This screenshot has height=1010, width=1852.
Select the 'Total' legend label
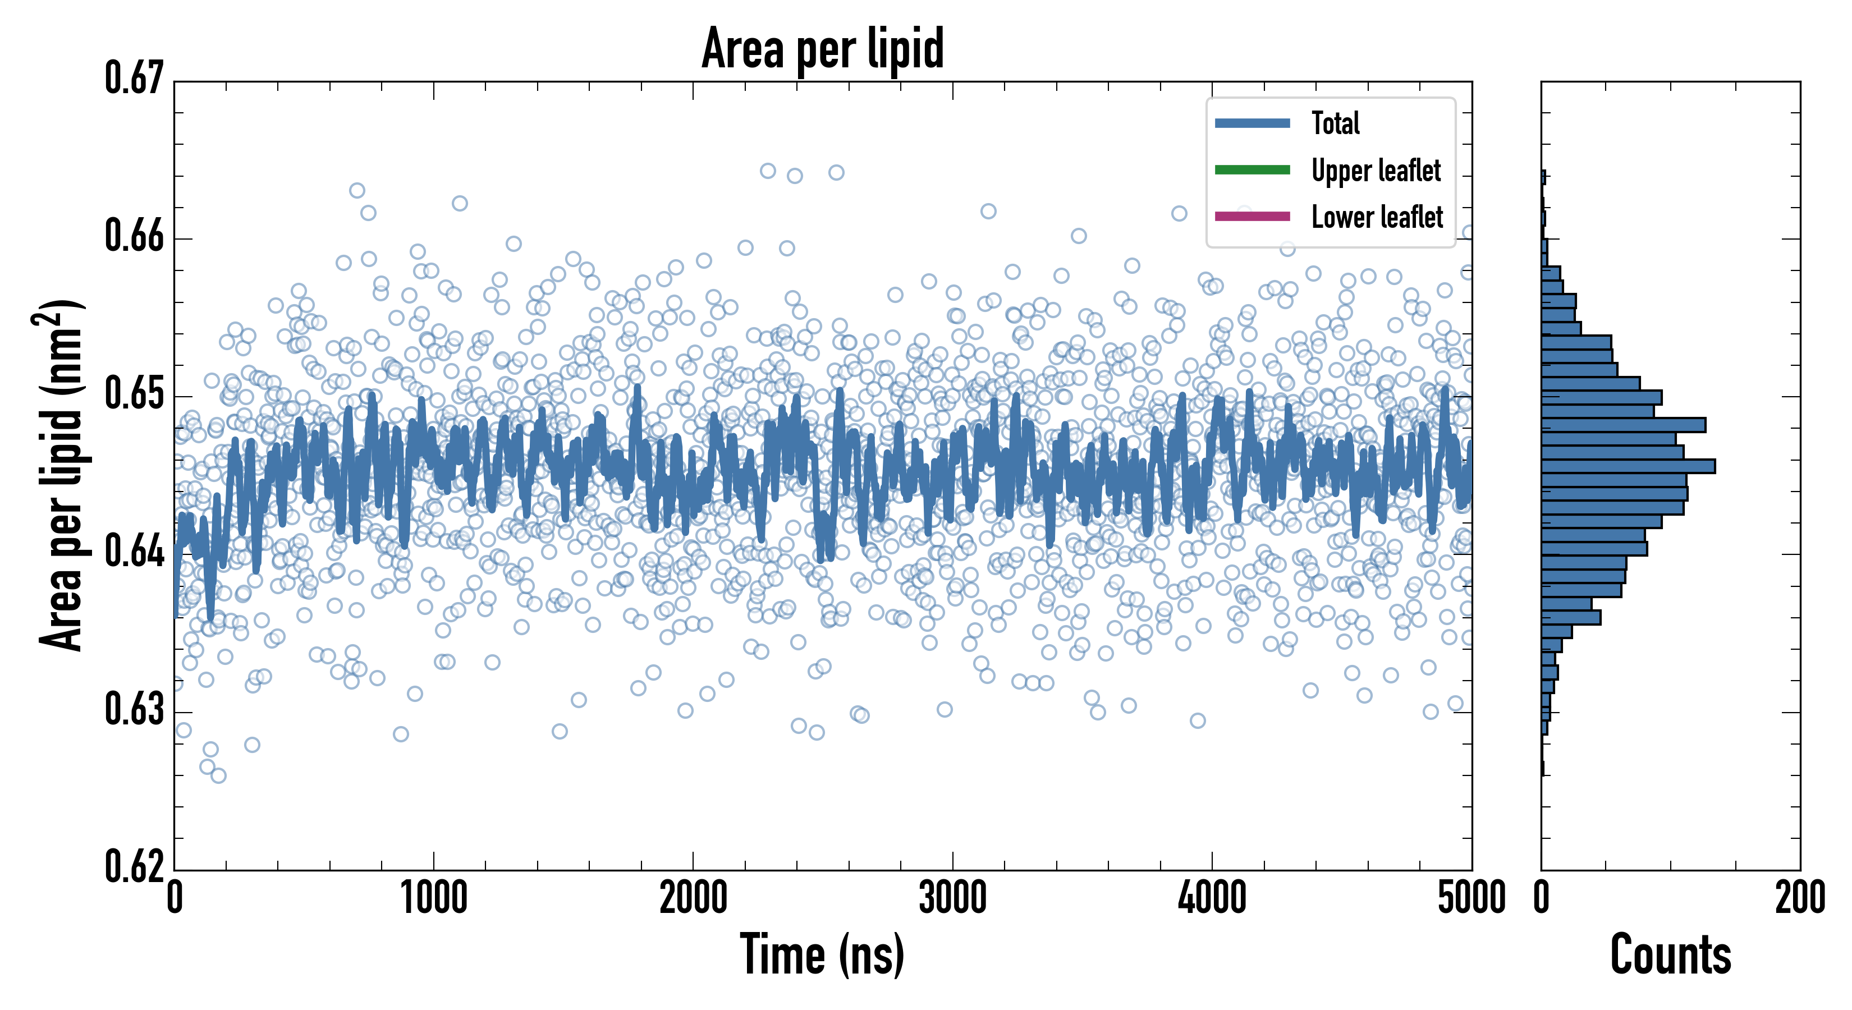(x=1335, y=123)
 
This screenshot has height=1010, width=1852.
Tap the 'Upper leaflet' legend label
(x=1376, y=171)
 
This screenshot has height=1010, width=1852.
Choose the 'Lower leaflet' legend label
(x=1377, y=217)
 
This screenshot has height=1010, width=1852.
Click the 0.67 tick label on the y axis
(x=135, y=79)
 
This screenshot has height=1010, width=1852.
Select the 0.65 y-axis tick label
(x=135, y=394)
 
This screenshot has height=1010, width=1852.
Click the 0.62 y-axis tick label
(x=135, y=866)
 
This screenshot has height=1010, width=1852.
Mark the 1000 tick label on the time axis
(x=433, y=898)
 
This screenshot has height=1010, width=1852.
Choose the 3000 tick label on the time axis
(x=952, y=898)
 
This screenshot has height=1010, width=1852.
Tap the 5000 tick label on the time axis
(x=1471, y=898)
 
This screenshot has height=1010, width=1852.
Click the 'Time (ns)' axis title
(x=823, y=954)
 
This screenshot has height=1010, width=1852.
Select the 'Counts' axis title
(x=1670, y=954)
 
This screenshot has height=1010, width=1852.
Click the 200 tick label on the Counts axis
(x=1799, y=898)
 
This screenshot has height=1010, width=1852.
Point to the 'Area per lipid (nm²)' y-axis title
(x=61, y=475)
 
